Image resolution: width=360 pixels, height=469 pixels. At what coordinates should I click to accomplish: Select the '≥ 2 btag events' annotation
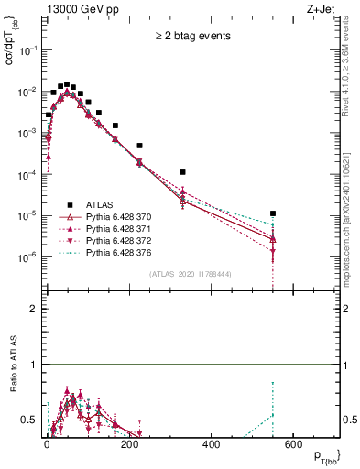(191, 37)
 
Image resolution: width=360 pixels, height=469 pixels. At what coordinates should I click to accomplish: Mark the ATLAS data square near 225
(140, 146)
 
